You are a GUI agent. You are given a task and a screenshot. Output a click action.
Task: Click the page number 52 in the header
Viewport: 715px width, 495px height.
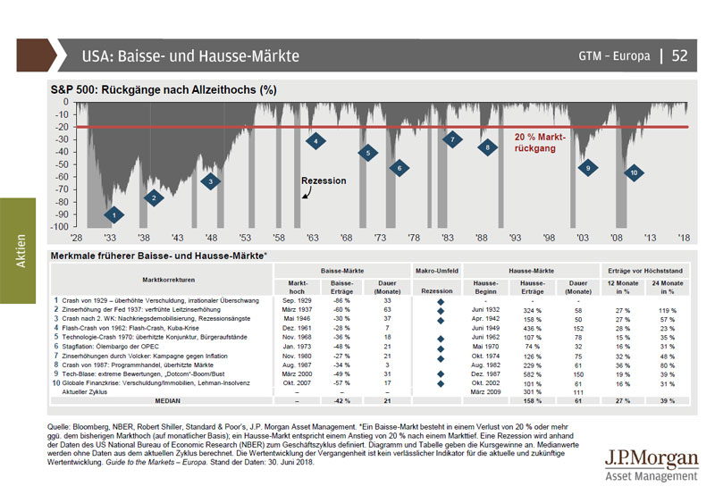tap(679, 55)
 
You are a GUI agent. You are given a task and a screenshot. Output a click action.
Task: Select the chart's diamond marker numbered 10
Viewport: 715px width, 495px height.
tap(633, 172)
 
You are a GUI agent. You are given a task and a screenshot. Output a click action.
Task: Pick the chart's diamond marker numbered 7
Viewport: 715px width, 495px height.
tap(453, 139)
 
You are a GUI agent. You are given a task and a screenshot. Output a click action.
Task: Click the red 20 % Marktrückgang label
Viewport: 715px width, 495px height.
tap(541, 143)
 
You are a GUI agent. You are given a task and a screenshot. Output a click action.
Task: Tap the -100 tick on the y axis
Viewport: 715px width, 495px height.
tap(61, 227)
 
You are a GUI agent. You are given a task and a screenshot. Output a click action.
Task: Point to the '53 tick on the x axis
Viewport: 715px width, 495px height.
tap(245, 240)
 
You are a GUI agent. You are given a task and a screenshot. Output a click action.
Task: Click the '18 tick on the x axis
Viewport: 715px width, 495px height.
tap(686, 240)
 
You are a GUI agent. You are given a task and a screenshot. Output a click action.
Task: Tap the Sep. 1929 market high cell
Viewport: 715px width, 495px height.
tap(298, 301)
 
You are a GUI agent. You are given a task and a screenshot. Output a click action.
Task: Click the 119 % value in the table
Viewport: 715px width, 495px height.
tap(668, 311)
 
